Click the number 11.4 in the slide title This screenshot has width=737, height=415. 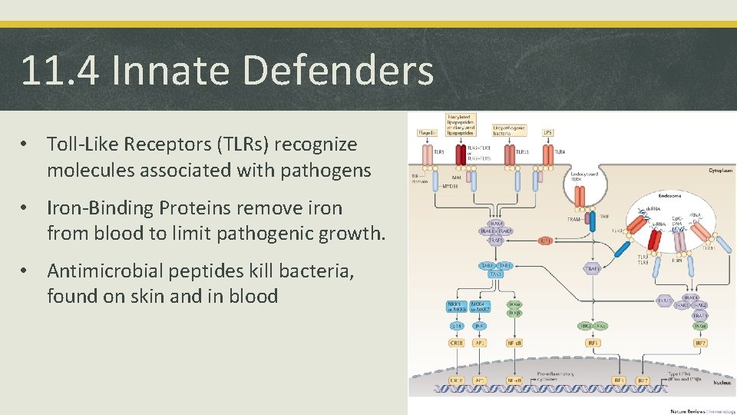tap(60, 70)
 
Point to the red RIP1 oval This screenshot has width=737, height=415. tap(545, 241)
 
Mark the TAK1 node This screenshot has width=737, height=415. tap(504, 266)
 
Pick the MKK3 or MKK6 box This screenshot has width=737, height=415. tap(456, 306)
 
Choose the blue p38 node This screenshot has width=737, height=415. tap(456, 326)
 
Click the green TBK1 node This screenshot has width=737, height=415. tap(584, 326)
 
